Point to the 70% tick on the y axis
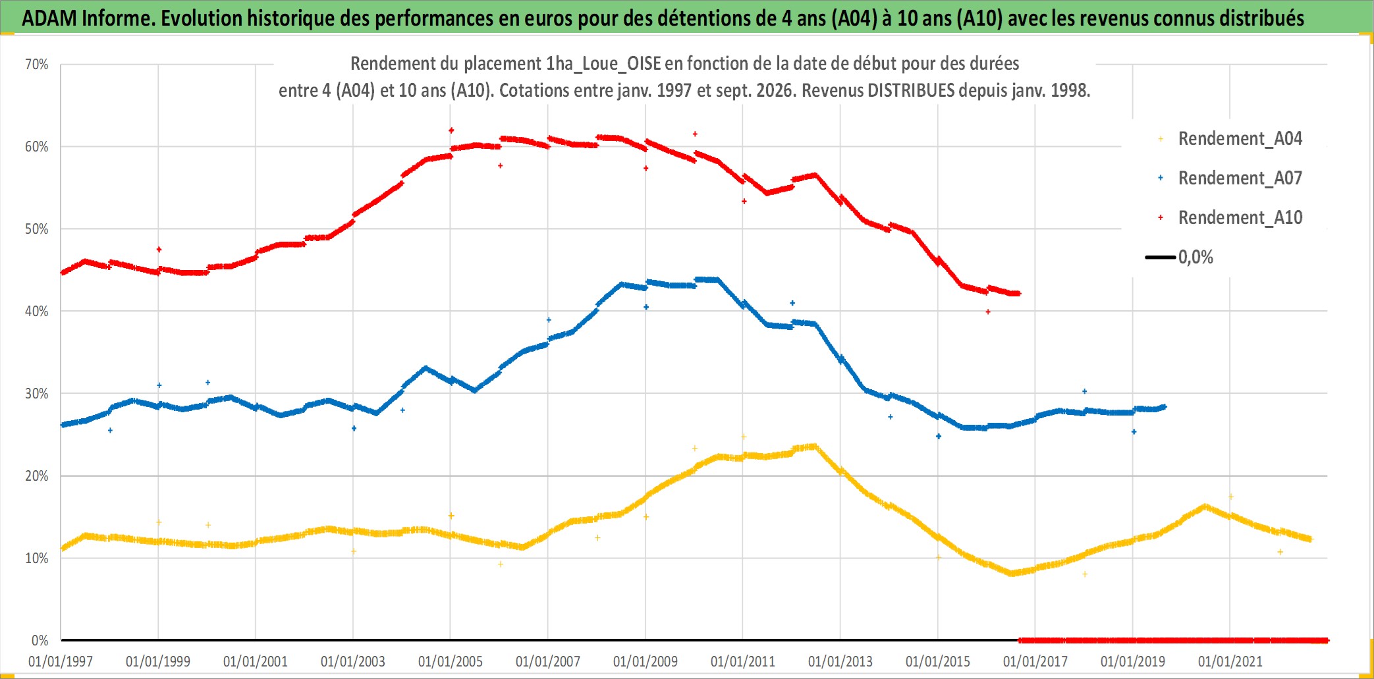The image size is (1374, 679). coord(37,65)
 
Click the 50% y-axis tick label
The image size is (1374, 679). coord(37,229)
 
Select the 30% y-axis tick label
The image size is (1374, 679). coord(37,394)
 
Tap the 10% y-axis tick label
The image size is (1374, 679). coord(37,558)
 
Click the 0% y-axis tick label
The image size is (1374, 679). coord(40,640)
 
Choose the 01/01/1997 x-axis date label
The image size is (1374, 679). coord(61,661)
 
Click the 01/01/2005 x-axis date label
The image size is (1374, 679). coord(451,661)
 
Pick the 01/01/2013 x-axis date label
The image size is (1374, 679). coord(840,661)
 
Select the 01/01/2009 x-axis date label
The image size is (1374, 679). coord(646,661)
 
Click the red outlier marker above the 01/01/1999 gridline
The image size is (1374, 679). coord(159,250)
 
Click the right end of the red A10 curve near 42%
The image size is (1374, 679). coord(1018,294)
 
